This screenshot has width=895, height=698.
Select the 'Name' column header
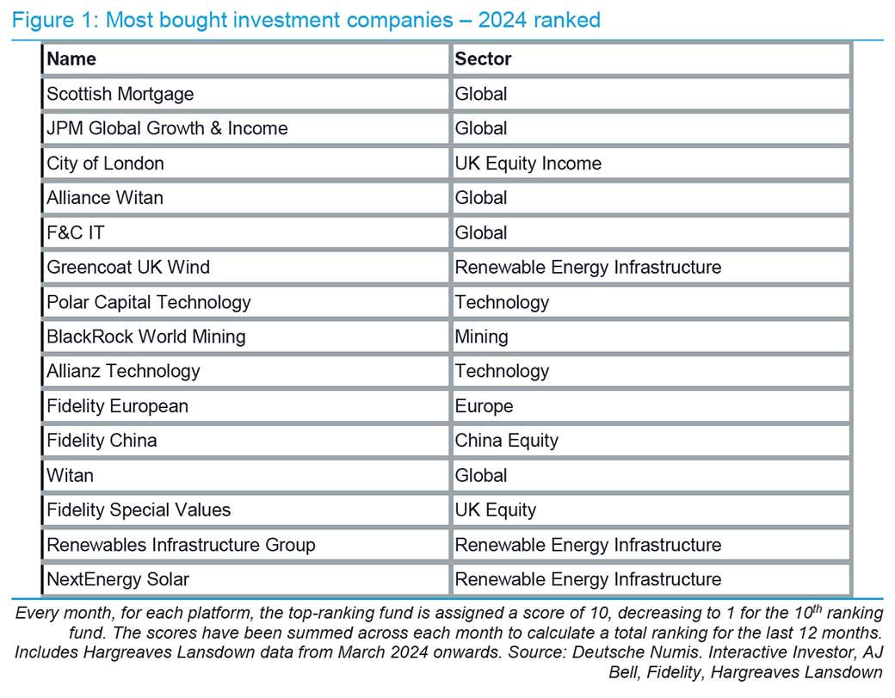point(71,59)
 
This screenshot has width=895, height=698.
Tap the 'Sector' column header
point(483,59)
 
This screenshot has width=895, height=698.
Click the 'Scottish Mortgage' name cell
point(120,94)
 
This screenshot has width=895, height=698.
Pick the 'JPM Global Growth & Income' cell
point(167,128)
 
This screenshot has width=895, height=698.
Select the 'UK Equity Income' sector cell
point(528,164)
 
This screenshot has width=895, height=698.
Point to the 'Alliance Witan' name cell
point(104,198)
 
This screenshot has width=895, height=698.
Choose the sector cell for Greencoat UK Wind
point(588,268)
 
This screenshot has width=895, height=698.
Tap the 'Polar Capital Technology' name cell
point(149,302)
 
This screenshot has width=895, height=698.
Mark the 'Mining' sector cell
point(481,337)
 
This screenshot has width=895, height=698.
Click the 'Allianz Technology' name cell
point(123,371)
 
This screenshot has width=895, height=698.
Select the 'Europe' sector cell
point(484,406)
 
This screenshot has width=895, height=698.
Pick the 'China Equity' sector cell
point(506,441)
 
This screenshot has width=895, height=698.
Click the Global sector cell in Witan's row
point(481,475)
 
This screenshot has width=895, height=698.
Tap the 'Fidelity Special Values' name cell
point(139,510)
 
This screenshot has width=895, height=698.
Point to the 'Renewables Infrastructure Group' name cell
point(181,545)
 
